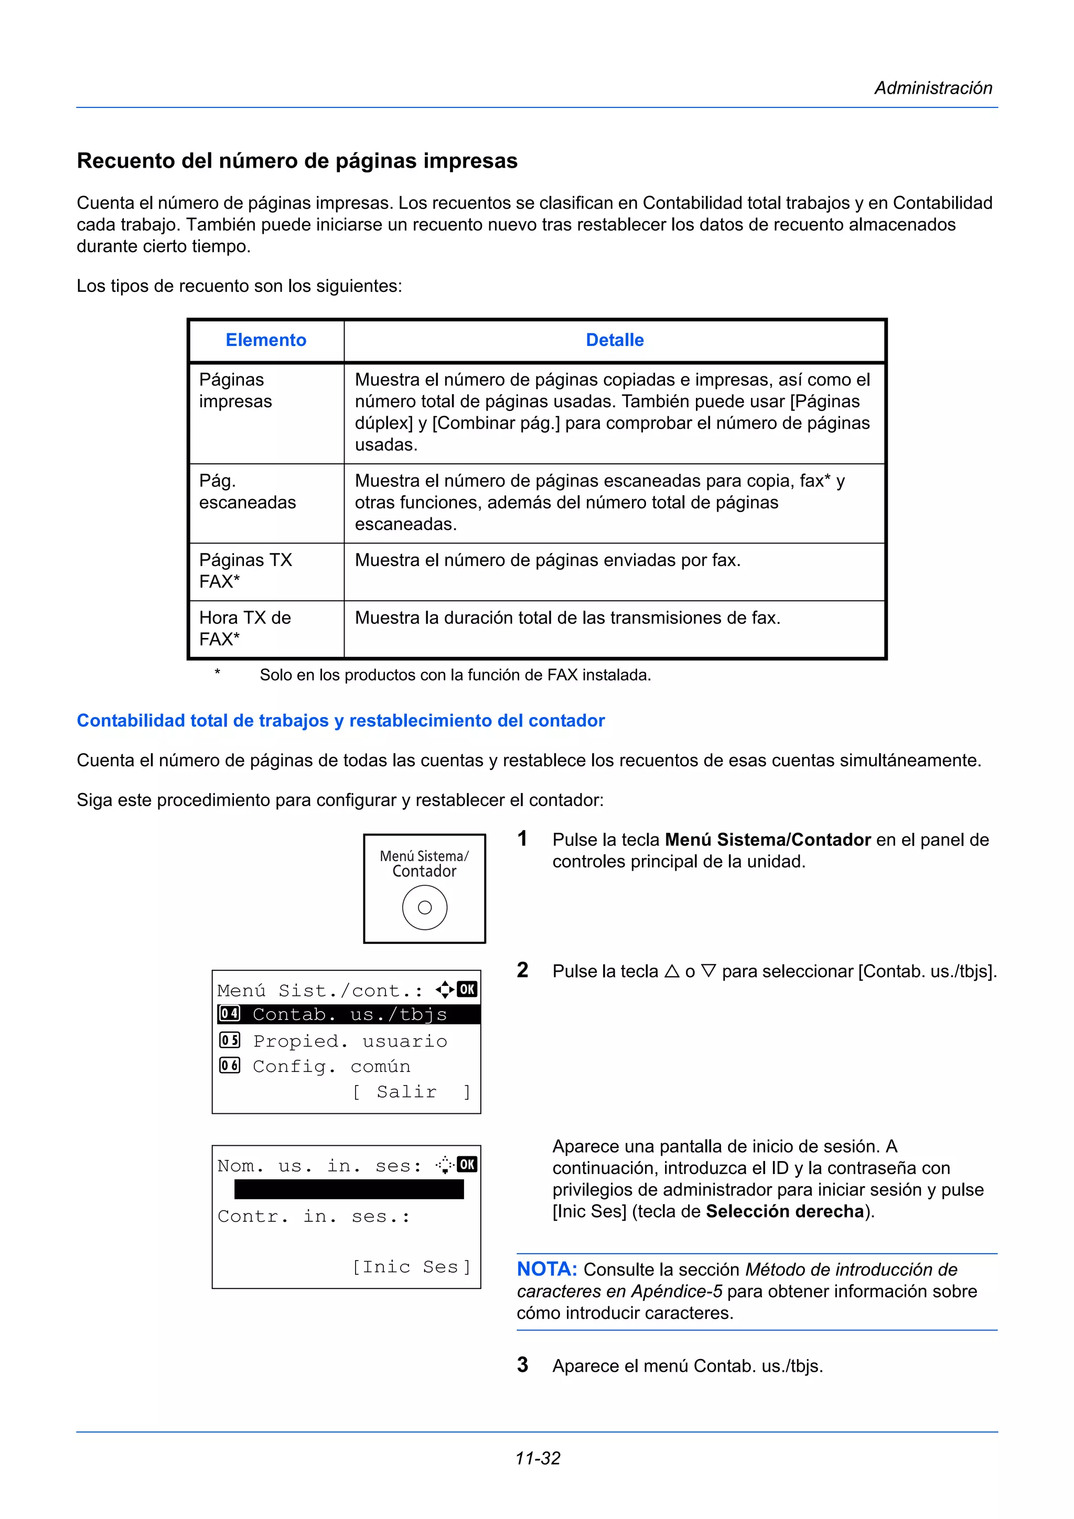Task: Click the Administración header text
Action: coord(932,88)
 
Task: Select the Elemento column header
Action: coord(265,340)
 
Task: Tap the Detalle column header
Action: coord(614,340)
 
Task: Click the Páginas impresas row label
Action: coord(235,390)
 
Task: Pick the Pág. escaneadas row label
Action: coord(247,492)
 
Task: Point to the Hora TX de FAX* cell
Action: coord(245,628)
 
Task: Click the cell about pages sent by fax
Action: coord(547,560)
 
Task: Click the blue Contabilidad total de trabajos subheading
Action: coord(340,721)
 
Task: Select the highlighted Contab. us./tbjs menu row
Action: coord(349,1014)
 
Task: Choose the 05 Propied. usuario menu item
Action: coord(334,1040)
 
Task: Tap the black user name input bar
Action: coord(349,1189)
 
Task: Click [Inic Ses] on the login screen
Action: coord(411,1266)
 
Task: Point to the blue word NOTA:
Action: coord(546,1269)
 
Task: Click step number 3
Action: coord(522,1364)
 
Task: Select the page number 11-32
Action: coord(538,1458)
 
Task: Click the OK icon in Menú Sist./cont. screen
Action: coord(467,989)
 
